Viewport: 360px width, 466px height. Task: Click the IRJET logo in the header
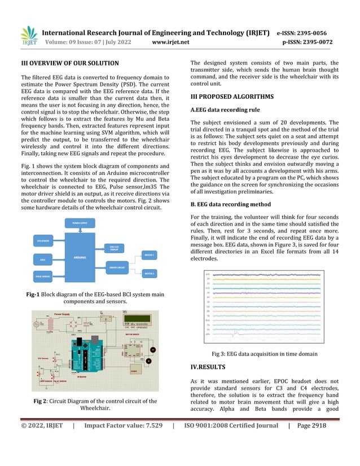pos(28,37)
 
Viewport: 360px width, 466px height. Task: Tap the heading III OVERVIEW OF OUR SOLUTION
pos(69,63)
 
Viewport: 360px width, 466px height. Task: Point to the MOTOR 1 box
pos(149,256)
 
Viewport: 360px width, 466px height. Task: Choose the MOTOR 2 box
pos(149,273)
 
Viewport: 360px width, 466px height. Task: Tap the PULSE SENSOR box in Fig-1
pos(44,276)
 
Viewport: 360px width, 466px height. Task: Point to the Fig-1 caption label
pos(33,294)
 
